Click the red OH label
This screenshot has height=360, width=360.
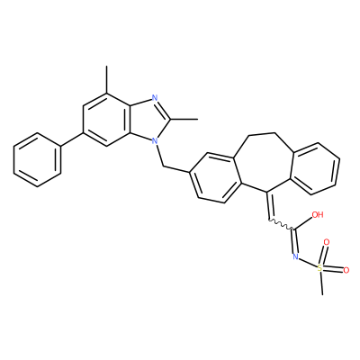(318, 215)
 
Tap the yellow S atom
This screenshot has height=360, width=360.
(319, 267)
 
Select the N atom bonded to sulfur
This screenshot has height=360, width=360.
(295, 256)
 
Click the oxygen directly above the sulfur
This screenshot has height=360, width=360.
(327, 242)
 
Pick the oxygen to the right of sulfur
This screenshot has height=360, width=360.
(346, 270)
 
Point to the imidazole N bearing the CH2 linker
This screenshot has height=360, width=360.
(155, 140)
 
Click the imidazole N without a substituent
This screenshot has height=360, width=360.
(155, 97)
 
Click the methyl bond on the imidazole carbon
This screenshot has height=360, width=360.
(184, 119)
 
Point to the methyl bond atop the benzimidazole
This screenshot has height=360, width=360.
(106, 80)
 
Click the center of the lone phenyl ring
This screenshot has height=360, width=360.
(37, 159)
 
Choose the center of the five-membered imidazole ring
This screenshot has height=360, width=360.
(149, 119)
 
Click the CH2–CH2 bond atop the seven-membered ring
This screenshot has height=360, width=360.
(263, 132)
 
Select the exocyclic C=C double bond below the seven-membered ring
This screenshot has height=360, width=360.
(268, 204)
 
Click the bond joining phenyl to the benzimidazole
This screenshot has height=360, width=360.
(72, 139)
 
